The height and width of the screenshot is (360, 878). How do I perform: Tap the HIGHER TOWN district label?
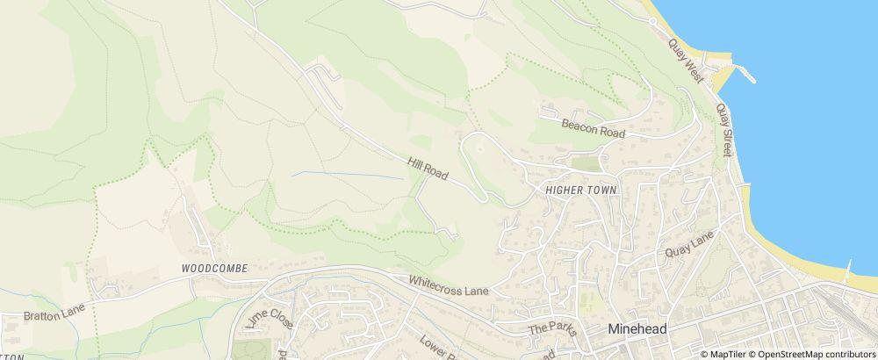[x=582, y=191]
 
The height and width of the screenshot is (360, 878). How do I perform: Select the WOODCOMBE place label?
[x=215, y=267]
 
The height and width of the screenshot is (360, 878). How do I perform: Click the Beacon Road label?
[x=593, y=128]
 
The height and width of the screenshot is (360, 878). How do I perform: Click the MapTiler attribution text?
[x=727, y=354]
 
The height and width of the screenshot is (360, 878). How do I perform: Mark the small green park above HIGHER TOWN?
[x=585, y=162]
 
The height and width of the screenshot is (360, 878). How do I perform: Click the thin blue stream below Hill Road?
[x=348, y=174]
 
